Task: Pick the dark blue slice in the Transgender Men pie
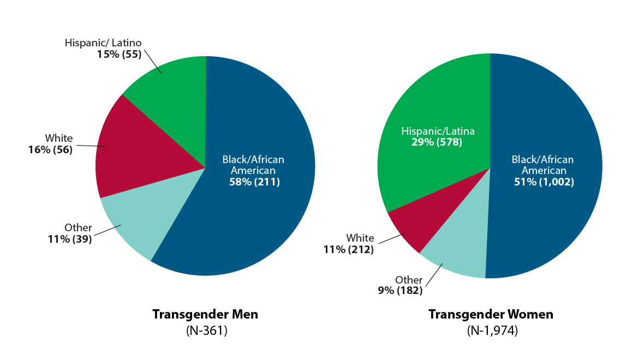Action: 257,207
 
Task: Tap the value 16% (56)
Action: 50,149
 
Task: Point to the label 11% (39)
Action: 70,238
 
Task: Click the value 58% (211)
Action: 254,182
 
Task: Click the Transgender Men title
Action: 205,315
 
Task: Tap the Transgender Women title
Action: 491,315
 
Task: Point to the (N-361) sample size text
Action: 205,331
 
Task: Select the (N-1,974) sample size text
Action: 491,331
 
